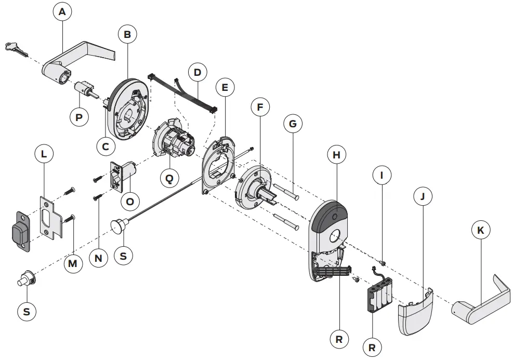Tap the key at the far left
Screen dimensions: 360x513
[17, 49]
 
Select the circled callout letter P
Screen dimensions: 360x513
[79, 117]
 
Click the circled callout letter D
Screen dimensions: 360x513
[197, 72]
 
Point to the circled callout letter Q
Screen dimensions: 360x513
[169, 178]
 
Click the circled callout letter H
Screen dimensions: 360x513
[336, 155]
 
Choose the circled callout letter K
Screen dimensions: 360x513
[480, 230]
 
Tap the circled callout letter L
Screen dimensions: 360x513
[44, 155]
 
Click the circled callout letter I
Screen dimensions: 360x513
[383, 176]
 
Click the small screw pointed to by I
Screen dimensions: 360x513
[382, 262]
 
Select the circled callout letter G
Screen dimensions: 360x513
[293, 124]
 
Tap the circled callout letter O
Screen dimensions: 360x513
[130, 201]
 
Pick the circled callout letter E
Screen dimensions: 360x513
[225, 88]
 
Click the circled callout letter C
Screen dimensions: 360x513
[106, 146]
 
